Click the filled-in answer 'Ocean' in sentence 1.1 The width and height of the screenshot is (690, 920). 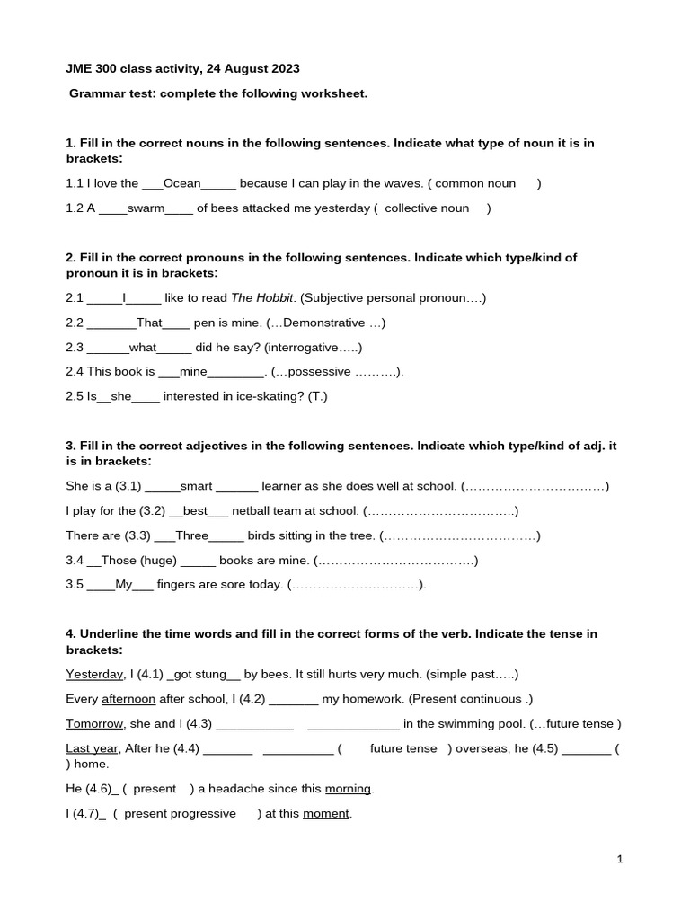tap(181, 183)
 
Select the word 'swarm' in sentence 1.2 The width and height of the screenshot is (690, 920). tap(146, 208)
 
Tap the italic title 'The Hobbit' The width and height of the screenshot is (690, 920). tap(262, 297)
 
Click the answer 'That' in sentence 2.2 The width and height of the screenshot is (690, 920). tap(149, 323)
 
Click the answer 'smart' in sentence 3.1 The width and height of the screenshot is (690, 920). tap(197, 486)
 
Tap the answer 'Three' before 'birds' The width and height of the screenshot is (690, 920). tap(191, 535)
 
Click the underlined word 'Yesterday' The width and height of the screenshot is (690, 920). tap(94, 674)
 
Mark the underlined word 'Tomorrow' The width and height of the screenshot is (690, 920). tap(95, 723)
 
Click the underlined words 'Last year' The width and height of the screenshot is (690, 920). tap(92, 748)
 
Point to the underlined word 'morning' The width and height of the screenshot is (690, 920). tap(348, 789)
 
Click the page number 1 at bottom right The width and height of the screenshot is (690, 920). tap(620, 859)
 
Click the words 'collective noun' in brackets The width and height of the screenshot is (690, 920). tap(426, 208)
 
